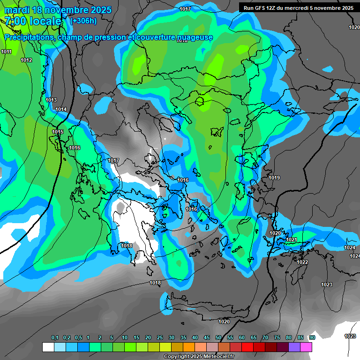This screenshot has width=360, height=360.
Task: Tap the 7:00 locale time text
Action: coord(33,21)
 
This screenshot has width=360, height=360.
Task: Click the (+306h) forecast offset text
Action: coord(83,21)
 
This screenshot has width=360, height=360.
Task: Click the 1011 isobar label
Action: coord(7,52)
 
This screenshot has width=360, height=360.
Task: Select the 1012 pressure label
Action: coord(26,60)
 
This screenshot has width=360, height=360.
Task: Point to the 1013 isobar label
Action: coord(51,100)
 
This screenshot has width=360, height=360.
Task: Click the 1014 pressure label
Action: coord(61,109)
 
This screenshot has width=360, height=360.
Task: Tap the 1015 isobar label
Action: coord(58,132)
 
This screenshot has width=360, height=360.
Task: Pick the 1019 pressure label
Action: coord(274,178)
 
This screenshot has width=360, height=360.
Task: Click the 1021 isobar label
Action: coord(292,240)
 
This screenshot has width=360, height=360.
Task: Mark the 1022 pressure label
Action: coord(302,262)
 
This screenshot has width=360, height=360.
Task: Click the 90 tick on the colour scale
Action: coord(312,337)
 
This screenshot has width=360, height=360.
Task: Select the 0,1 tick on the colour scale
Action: coord(55,337)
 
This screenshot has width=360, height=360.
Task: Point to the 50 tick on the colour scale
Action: coord(218,337)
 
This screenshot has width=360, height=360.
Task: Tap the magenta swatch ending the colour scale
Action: coord(306,347)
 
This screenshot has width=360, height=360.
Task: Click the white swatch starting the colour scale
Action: coord(48,347)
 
